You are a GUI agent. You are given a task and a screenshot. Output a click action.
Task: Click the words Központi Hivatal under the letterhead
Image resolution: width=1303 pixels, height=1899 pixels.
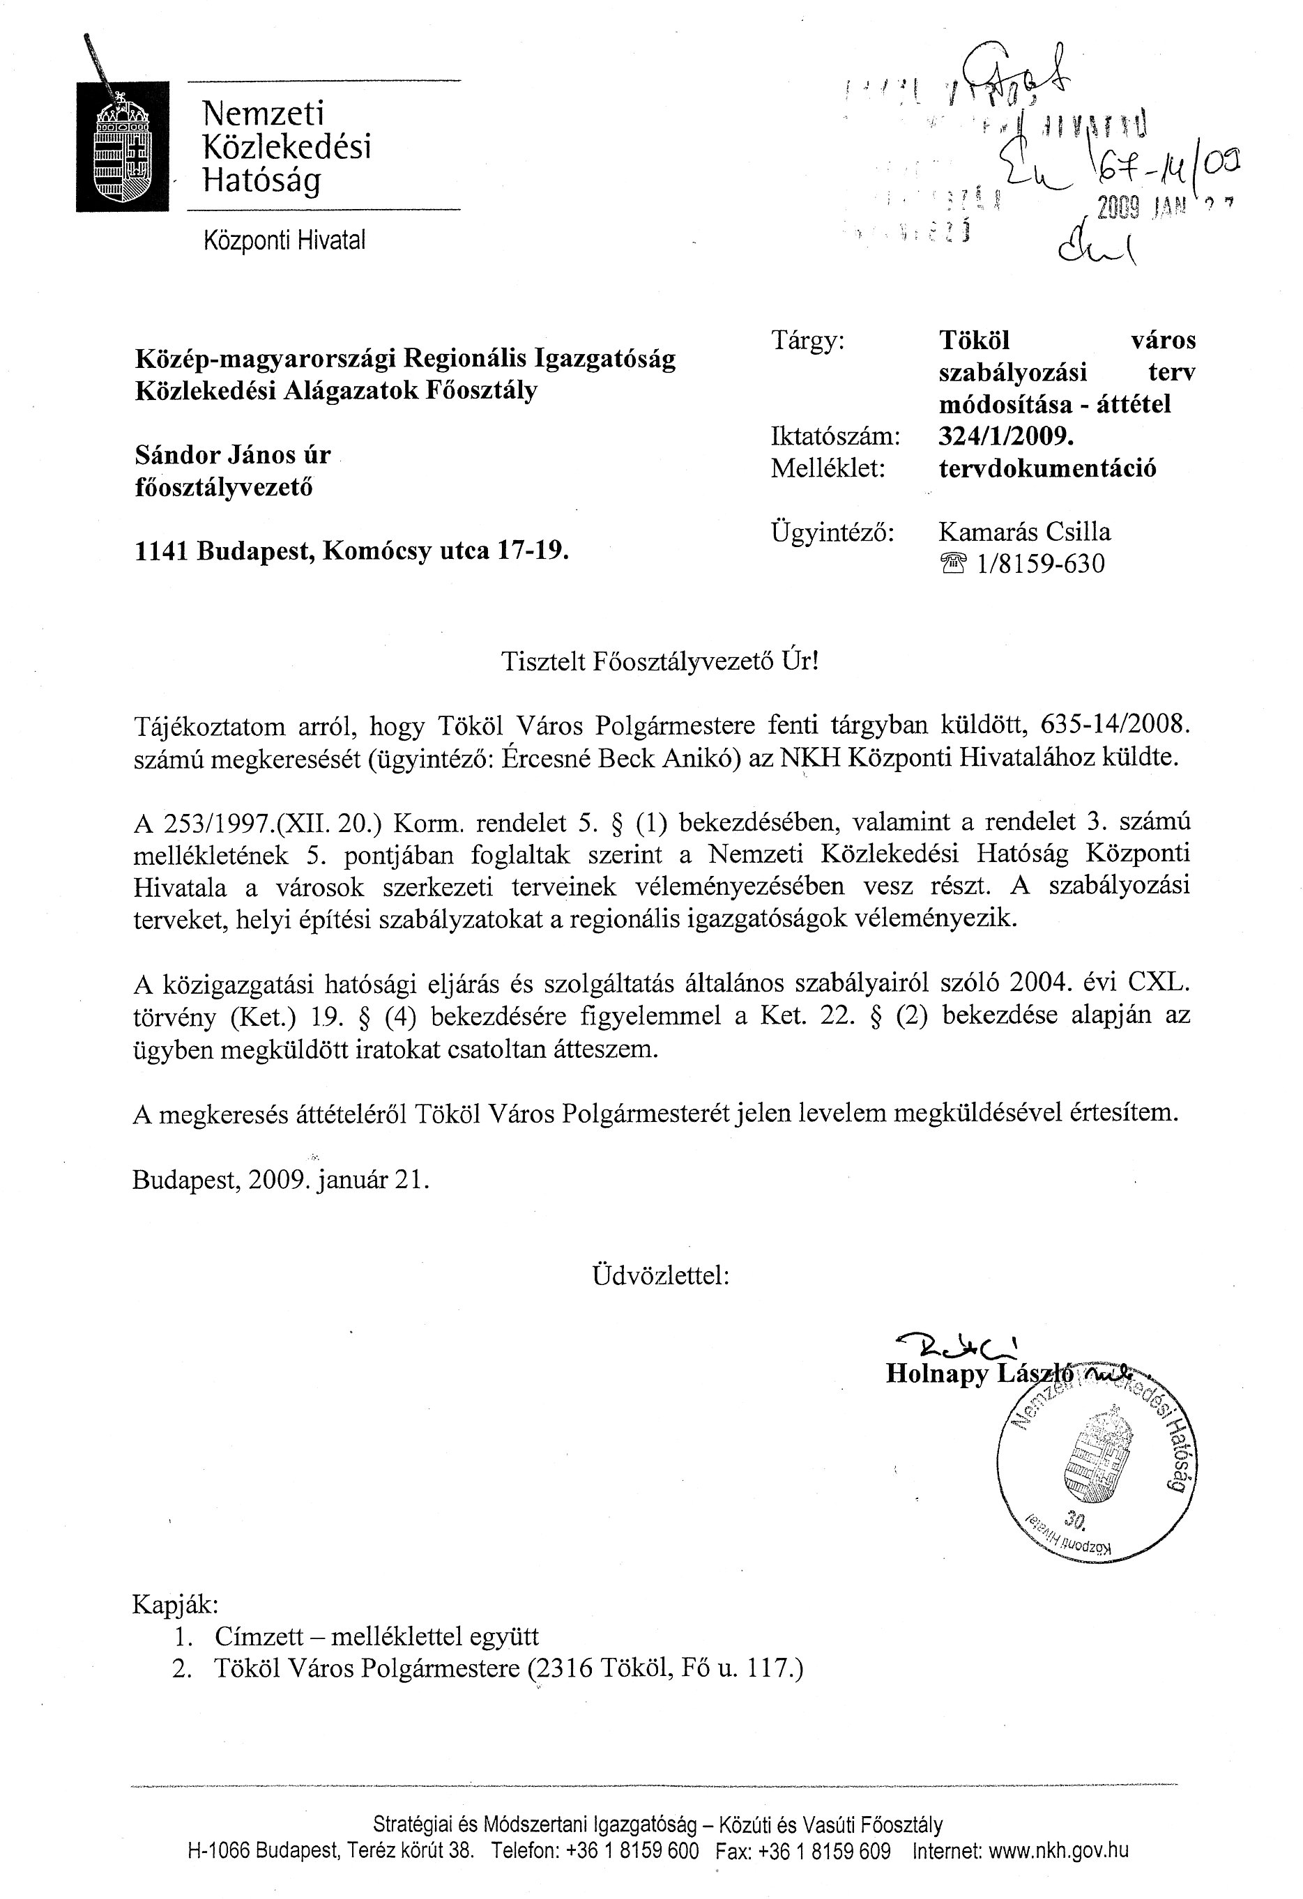[x=284, y=240]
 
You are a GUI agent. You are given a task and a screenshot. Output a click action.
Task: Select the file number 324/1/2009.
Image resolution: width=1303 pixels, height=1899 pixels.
[x=1005, y=436]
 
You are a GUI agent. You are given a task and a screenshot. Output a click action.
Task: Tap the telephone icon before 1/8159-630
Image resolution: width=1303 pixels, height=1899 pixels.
[x=954, y=564]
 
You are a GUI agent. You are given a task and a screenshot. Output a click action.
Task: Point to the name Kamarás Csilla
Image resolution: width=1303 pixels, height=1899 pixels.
[x=1024, y=532]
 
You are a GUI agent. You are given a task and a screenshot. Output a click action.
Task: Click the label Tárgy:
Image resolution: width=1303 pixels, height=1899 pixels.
[x=807, y=340]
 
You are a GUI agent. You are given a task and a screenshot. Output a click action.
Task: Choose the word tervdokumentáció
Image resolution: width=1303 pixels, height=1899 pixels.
[x=1047, y=469]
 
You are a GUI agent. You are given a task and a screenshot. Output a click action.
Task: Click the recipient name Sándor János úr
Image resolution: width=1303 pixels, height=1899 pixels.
[x=233, y=454]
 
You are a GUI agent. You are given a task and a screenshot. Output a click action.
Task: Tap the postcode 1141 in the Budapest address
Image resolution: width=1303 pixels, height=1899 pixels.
[x=162, y=551]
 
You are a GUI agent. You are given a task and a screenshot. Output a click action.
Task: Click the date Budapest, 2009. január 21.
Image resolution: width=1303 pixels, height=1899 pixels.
[x=280, y=1180]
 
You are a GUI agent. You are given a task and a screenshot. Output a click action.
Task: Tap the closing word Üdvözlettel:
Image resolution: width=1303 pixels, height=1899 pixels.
[x=660, y=1275]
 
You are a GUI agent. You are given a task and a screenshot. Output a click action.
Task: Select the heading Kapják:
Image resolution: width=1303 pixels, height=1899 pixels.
[x=175, y=1605]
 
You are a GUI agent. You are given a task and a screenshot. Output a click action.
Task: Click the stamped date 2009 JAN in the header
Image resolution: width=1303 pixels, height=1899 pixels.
[x=1136, y=209]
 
